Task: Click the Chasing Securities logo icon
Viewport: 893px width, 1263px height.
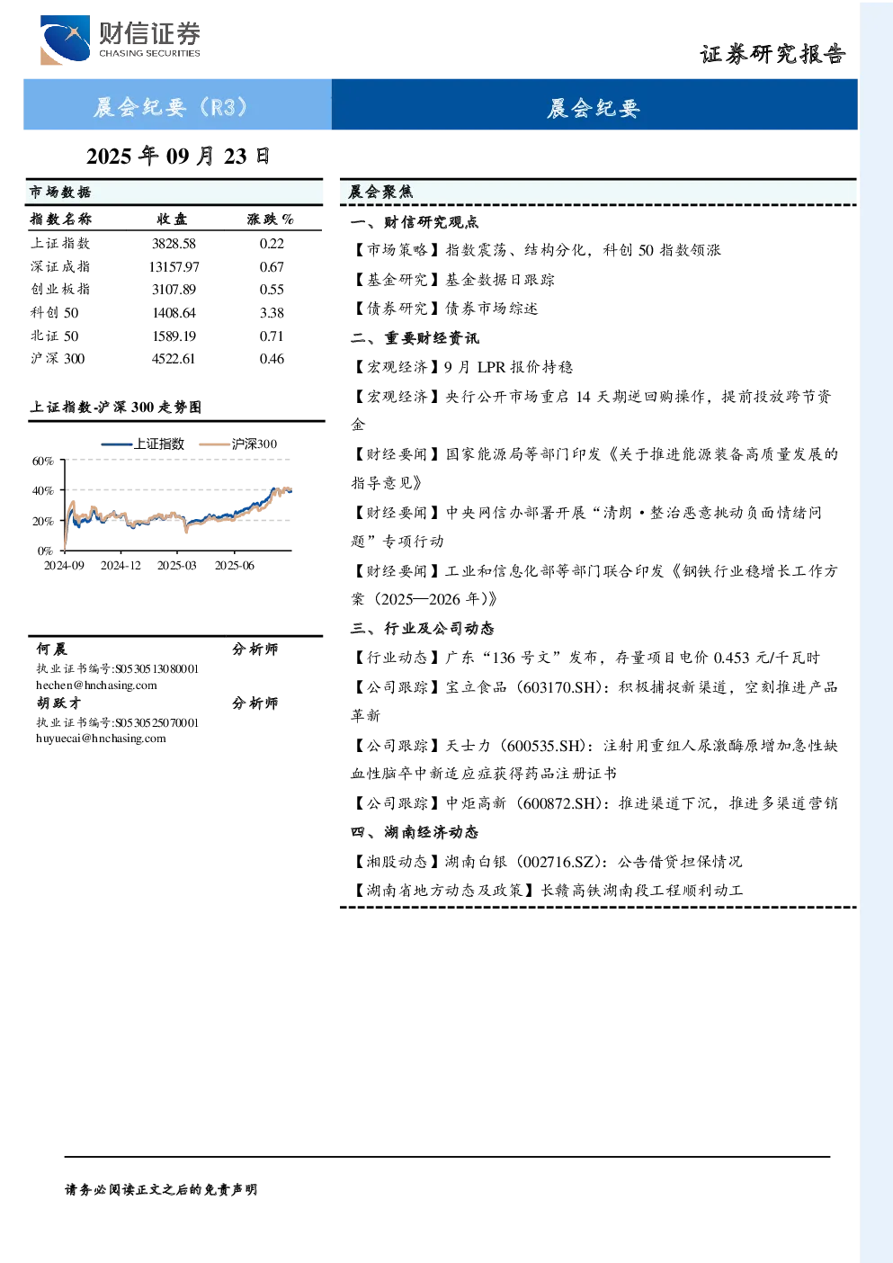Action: click(x=65, y=40)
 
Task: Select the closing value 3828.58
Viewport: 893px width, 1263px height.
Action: click(x=174, y=244)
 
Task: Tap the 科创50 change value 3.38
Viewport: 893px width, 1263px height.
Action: click(x=272, y=313)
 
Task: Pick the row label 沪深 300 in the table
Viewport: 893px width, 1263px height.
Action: click(x=58, y=359)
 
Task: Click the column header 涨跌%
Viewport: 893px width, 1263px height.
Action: click(x=270, y=219)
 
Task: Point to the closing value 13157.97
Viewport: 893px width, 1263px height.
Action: click(x=174, y=266)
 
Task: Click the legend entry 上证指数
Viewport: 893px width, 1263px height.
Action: click(x=143, y=443)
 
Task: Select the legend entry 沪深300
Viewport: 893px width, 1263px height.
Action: click(x=238, y=443)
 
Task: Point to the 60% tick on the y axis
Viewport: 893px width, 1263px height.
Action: click(x=43, y=461)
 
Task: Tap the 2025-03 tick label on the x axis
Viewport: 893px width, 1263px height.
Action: click(x=177, y=565)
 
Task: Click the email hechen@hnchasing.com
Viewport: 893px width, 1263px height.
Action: click(x=96, y=685)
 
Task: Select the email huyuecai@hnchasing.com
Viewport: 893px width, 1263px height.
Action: click(x=101, y=738)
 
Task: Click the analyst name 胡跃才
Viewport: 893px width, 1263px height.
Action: click(x=58, y=703)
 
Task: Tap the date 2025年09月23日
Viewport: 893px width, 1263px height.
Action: click(x=178, y=156)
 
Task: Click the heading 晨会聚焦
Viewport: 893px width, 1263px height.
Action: click(x=380, y=192)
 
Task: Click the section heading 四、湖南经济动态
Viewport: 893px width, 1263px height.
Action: click(x=415, y=832)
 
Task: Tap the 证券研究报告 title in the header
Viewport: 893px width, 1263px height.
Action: click(x=772, y=54)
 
